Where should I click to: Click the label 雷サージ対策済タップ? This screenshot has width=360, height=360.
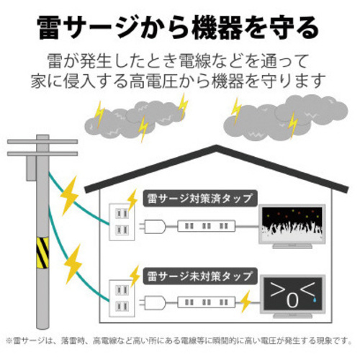tap(200, 199)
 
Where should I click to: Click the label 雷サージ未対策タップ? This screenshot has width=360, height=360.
tap(200, 276)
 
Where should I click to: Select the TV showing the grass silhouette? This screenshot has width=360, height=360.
tap(292, 226)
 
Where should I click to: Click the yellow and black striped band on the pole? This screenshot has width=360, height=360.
tap(42, 253)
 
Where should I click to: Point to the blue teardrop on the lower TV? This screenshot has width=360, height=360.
tap(315, 300)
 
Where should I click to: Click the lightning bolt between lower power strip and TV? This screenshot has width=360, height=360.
tap(246, 302)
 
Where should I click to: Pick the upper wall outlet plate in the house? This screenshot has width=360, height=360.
tap(122, 222)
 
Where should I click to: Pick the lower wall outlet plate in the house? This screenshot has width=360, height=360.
tap(122, 298)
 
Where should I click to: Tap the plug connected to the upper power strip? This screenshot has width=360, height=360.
tap(153, 226)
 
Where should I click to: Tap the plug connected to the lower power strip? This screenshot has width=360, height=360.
tap(153, 302)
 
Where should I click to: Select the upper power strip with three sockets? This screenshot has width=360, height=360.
tap(207, 226)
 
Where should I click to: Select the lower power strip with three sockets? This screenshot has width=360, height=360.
tap(207, 302)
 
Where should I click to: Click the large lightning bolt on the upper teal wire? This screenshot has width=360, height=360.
tap(69, 196)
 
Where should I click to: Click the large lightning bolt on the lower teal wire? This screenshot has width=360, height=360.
tap(73, 264)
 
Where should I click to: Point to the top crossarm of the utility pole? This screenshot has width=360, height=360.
tap(42, 142)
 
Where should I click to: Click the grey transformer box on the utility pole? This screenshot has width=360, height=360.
tap(32, 168)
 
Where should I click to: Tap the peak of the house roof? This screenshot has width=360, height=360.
tap(216, 146)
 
